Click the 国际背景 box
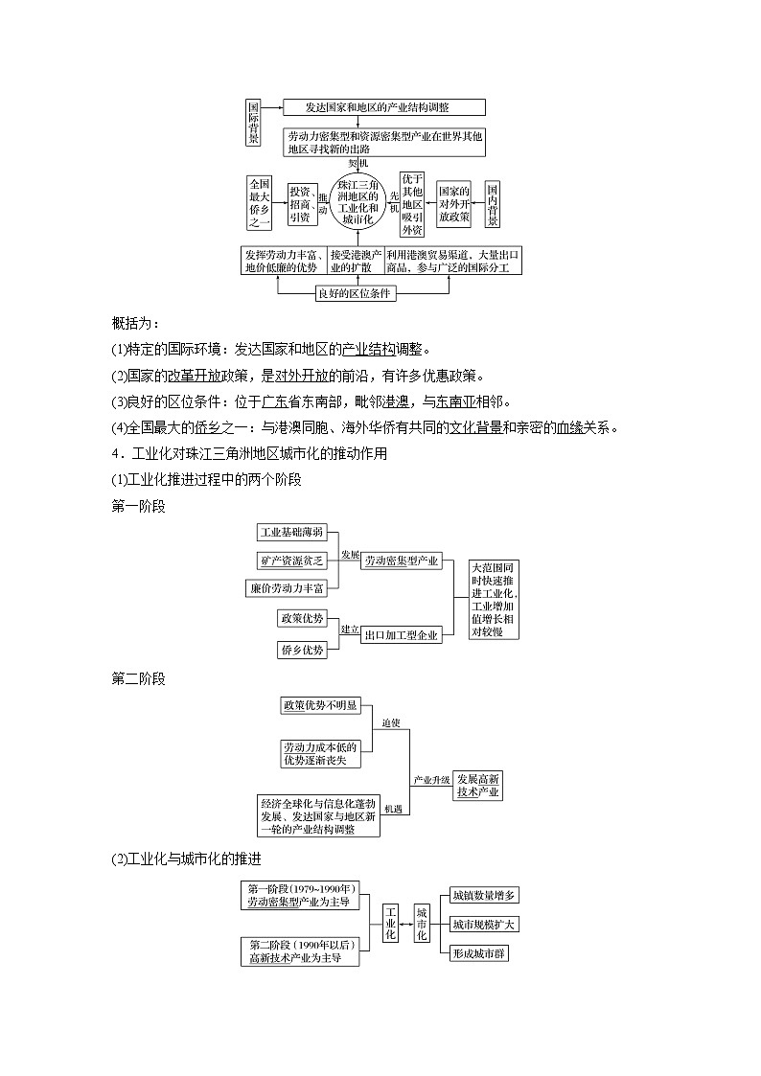point(253,124)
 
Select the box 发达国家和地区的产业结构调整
point(384,107)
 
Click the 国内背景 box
point(493,205)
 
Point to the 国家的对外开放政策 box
point(454,203)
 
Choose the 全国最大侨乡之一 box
point(260,203)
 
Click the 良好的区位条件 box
point(356,293)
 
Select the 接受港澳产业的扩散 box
point(356,261)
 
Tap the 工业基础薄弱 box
point(292,532)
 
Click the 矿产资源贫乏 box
point(292,560)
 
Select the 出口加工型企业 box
point(401,634)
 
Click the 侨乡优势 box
point(302,649)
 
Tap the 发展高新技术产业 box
point(478,785)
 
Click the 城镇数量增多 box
point(484,896)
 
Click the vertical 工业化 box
point(390,923)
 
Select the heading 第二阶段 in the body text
point(138,679)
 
